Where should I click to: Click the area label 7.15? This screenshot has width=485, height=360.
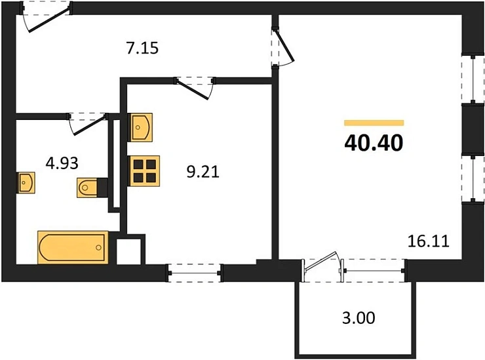(142, 49)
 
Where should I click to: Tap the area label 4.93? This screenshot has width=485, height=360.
(62, 163)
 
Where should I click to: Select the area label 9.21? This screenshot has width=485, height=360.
(203, 172)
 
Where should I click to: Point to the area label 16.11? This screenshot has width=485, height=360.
(429, 241)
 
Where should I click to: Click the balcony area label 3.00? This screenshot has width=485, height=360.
(359, 318)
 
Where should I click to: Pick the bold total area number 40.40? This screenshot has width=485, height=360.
(374, 144)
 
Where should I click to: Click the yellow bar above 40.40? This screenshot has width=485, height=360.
(374, 123)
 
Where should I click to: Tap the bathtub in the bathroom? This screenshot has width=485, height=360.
(73, 247)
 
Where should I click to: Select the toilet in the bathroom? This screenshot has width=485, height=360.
(92, 188)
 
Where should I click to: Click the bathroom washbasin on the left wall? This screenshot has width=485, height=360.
(26, 183)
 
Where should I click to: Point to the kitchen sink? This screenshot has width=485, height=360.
(140, 127)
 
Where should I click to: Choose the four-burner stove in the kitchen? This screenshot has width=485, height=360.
(144, 171)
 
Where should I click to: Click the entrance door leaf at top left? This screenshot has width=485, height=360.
(49, 20)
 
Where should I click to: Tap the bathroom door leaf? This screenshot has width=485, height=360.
(88, 126)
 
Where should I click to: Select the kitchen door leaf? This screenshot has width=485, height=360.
(193, 90)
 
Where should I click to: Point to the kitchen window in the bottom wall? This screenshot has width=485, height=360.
(195, 273)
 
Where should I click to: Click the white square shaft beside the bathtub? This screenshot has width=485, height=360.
(128, 252)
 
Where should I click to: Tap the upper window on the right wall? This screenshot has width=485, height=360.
(473, 79)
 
